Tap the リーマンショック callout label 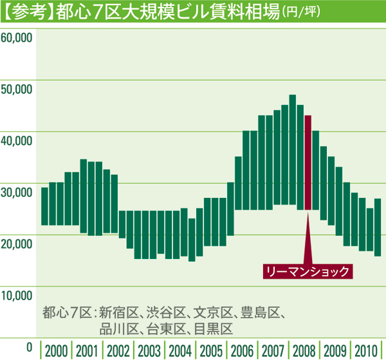point(308,271)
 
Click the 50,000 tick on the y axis point(17,89)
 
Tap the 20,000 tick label point(17,244)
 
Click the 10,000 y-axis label point(17,296)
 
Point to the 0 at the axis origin point(29,347)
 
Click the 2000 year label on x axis point(57,351)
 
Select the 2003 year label point(149,351)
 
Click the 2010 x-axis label point(366,351)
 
